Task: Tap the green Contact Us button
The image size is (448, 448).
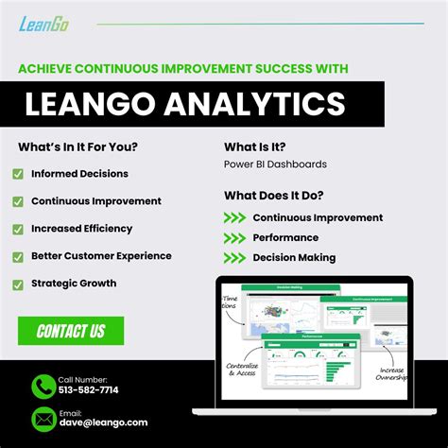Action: coord(71,331)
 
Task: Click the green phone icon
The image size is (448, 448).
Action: coord(43,386)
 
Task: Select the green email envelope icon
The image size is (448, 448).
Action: coord(43,418)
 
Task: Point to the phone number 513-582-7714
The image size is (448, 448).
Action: coord(89,389)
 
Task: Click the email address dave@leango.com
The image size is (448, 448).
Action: coord(103,422)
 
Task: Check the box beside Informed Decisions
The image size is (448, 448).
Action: coord(18,174)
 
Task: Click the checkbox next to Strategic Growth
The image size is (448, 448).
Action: coord(18,284)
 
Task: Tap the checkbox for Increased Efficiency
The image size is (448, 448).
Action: coord(18,229)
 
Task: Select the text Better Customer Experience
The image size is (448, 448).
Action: coord(101,255)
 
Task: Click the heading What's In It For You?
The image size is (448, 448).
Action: coord(78,146)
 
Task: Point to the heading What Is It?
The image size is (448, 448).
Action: coord(255,146)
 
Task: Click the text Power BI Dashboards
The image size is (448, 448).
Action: coord(275,164)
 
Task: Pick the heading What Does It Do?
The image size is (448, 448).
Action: coord(274,196)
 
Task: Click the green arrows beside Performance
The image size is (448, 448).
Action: coord(234,237)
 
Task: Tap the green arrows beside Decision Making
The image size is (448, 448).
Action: coord(234,257)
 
